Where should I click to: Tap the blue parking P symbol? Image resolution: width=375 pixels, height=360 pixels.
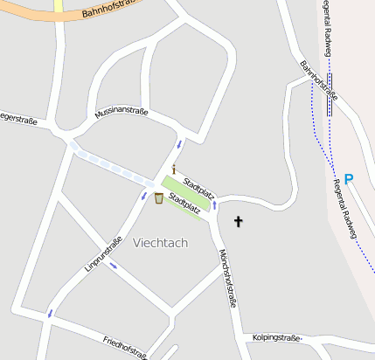348,180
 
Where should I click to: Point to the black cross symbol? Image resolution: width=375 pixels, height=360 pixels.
238,222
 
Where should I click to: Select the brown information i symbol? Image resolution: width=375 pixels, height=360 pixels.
174,169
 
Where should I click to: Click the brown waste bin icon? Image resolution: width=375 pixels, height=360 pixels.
158,198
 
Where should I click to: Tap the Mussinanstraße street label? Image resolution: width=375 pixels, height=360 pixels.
122,111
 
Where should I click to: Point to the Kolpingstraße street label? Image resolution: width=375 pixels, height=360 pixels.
276,337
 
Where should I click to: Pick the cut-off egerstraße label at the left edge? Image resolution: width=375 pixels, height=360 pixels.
17,119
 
